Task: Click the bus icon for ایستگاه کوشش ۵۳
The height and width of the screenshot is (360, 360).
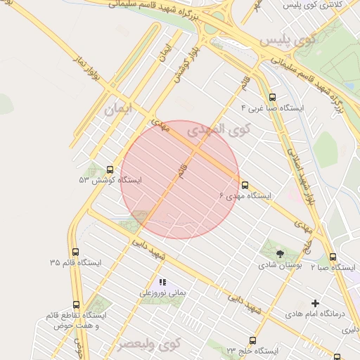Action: coord(110,169)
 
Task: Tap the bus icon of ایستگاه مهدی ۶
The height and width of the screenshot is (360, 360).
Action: coord(245,185)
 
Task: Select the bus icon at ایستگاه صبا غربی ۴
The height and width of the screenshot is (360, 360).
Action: coord(273,98)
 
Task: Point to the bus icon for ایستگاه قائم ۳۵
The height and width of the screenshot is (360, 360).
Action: coord(75,252)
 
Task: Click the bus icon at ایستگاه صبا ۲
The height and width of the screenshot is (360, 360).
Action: coord(333,257)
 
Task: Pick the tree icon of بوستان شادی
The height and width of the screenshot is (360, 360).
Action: coord(281,254)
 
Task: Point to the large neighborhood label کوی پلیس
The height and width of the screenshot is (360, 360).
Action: coord(288,40)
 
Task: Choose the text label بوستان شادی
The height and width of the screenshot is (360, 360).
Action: coord(281,266)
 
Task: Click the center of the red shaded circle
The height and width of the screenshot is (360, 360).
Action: coord(180,179)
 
